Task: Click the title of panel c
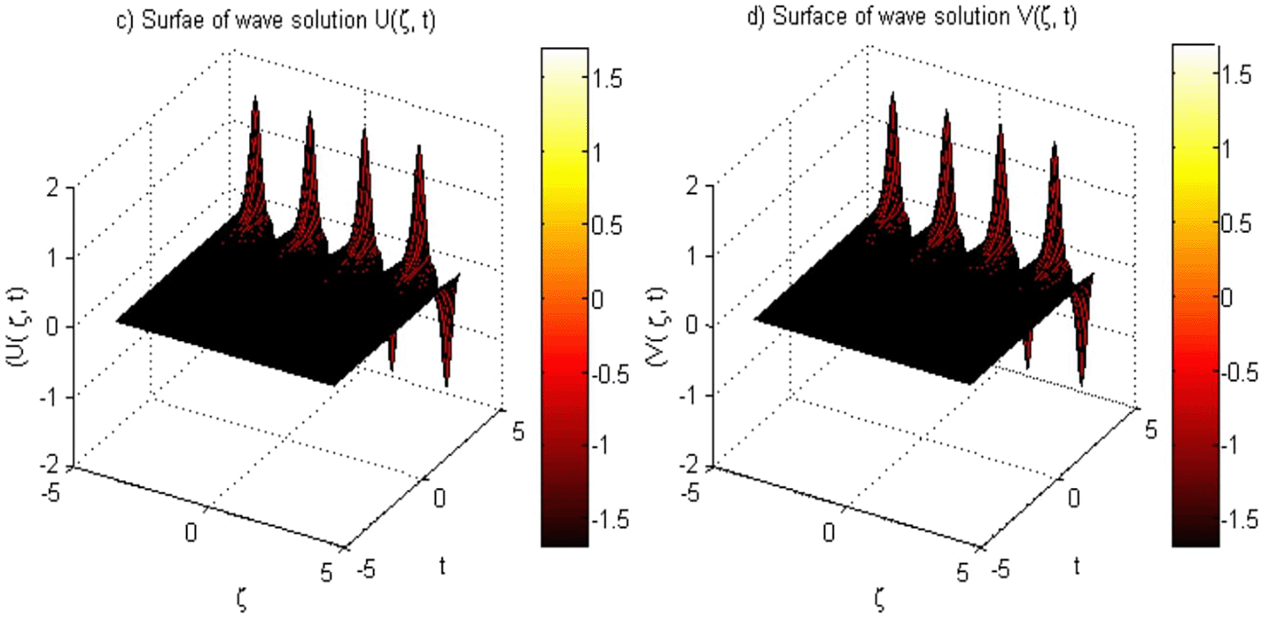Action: [x=276, y=20]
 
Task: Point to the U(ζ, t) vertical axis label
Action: [x=16, y=327]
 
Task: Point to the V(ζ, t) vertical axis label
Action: [x=655, y=327]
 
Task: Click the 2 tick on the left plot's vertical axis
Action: [x=53, y=188]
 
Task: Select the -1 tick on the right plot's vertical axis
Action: [x=689, y=394]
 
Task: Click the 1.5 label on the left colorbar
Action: [x=607, y=78]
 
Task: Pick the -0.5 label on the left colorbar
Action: [x=610, y=374]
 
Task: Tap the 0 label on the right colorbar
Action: [x=1226, y=297]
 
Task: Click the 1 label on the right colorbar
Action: [x=1226, y=149]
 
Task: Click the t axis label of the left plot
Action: [x=442, y=566]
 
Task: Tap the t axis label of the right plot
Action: [x=1077, y=566]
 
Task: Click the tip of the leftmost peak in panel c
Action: [x=255, y=98]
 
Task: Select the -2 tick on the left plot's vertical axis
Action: [x=50, y=465]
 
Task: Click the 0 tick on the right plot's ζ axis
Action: [x=828, y=532]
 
